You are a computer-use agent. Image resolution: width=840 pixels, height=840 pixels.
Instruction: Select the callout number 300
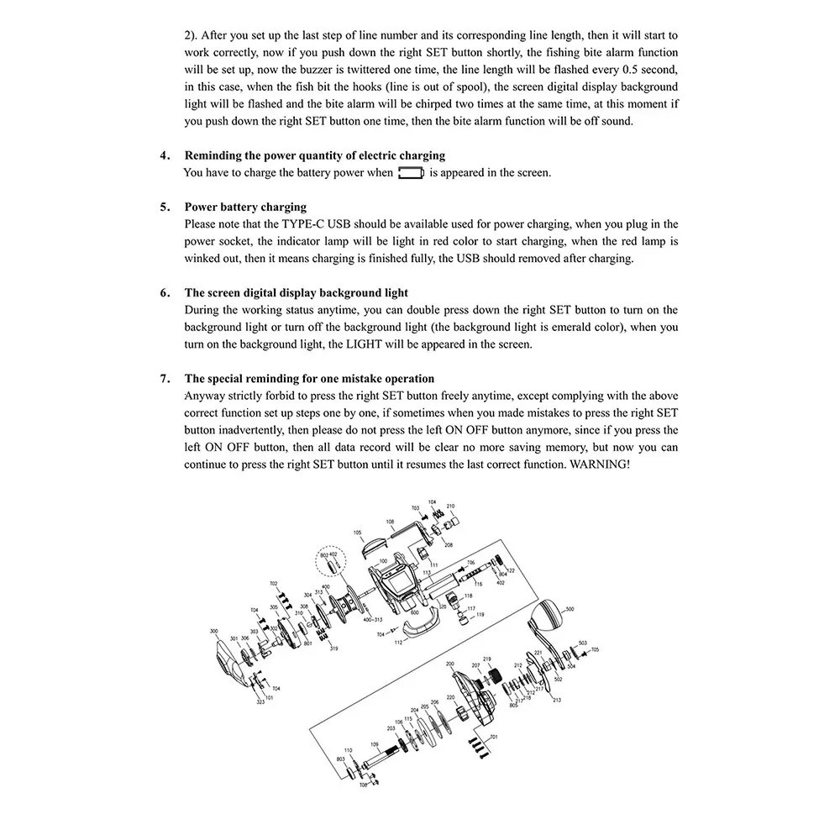coord(213,631)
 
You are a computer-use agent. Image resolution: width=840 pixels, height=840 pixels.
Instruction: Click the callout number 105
coord(358,533)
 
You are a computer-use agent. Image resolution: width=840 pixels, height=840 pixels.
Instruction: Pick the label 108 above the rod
coord(390,522)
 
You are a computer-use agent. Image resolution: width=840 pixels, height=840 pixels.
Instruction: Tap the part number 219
coord(486,659)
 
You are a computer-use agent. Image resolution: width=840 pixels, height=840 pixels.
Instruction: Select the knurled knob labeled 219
coord(496,675)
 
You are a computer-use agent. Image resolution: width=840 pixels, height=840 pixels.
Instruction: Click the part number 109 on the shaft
coord(375,745)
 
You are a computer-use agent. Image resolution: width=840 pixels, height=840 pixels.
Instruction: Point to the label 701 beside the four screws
coord(494,737)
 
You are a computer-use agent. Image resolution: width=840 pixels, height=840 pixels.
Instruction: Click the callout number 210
coord(450,507)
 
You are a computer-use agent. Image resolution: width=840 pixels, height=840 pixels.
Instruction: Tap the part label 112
coord(397,643)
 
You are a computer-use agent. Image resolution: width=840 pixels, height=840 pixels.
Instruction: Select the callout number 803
coord(340,759)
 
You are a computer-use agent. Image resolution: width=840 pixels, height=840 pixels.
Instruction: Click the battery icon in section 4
coord(411,173)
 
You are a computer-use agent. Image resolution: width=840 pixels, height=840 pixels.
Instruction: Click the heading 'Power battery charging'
coord(245,207)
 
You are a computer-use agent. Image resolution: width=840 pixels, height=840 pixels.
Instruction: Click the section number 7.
coord(165,379)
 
